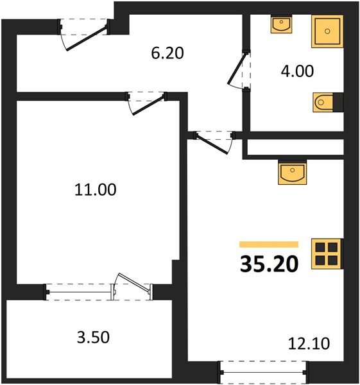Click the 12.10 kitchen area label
[309, 345]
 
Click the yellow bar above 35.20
[269, 244]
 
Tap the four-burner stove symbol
[325, 253]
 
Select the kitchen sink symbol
[294, 173]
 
